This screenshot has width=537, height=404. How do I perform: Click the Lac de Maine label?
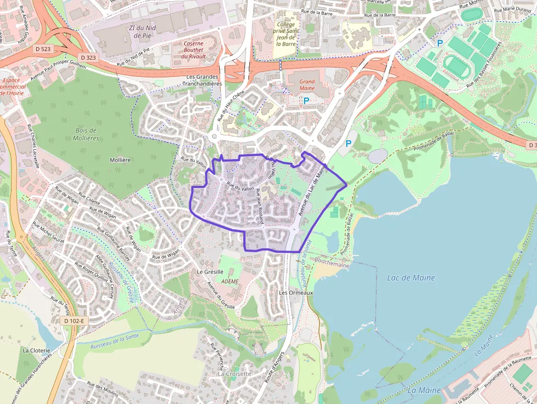[x=411, y=278]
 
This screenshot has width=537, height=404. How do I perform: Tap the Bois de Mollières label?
[x=85, y=134]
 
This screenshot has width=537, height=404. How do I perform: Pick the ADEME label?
[x=230, y=281]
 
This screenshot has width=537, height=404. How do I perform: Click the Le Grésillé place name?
[x=210, y=272]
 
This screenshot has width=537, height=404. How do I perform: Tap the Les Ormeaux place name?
[x=295, y=293]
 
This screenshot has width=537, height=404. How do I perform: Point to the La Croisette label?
[x=235, y=374]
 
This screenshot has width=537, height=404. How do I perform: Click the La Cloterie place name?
[x=36, y=350]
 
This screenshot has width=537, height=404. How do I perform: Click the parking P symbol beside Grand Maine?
[x=306, y=101]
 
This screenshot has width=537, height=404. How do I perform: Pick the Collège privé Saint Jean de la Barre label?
[x=285, y=34]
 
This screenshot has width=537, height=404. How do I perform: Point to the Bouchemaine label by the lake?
[x=332, y=265]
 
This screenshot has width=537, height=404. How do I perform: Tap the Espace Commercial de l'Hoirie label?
[x=15, y=87]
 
